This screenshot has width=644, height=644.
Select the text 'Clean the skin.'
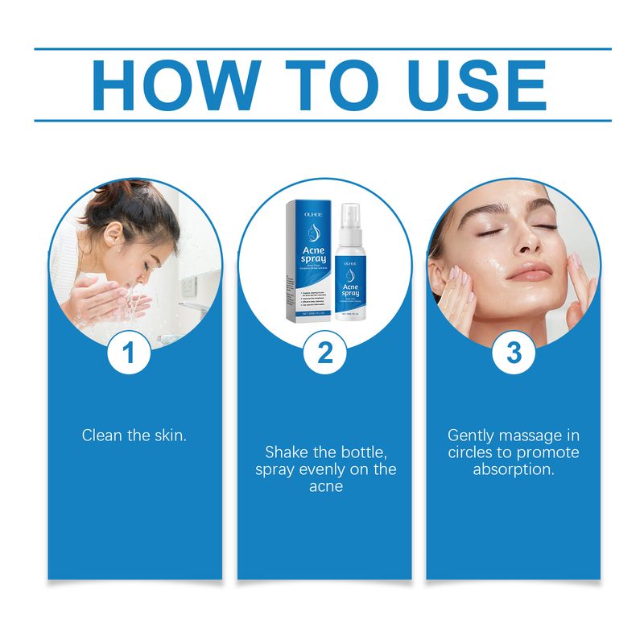(134, 435)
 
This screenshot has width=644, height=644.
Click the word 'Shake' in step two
(287, 452)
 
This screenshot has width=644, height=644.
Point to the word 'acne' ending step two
(326, 487)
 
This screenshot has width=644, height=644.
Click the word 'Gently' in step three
(473, 435)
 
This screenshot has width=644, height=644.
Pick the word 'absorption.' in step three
(514, 469)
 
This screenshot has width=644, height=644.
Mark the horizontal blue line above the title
(322, 49)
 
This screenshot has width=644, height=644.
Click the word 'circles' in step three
(475, 452)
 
